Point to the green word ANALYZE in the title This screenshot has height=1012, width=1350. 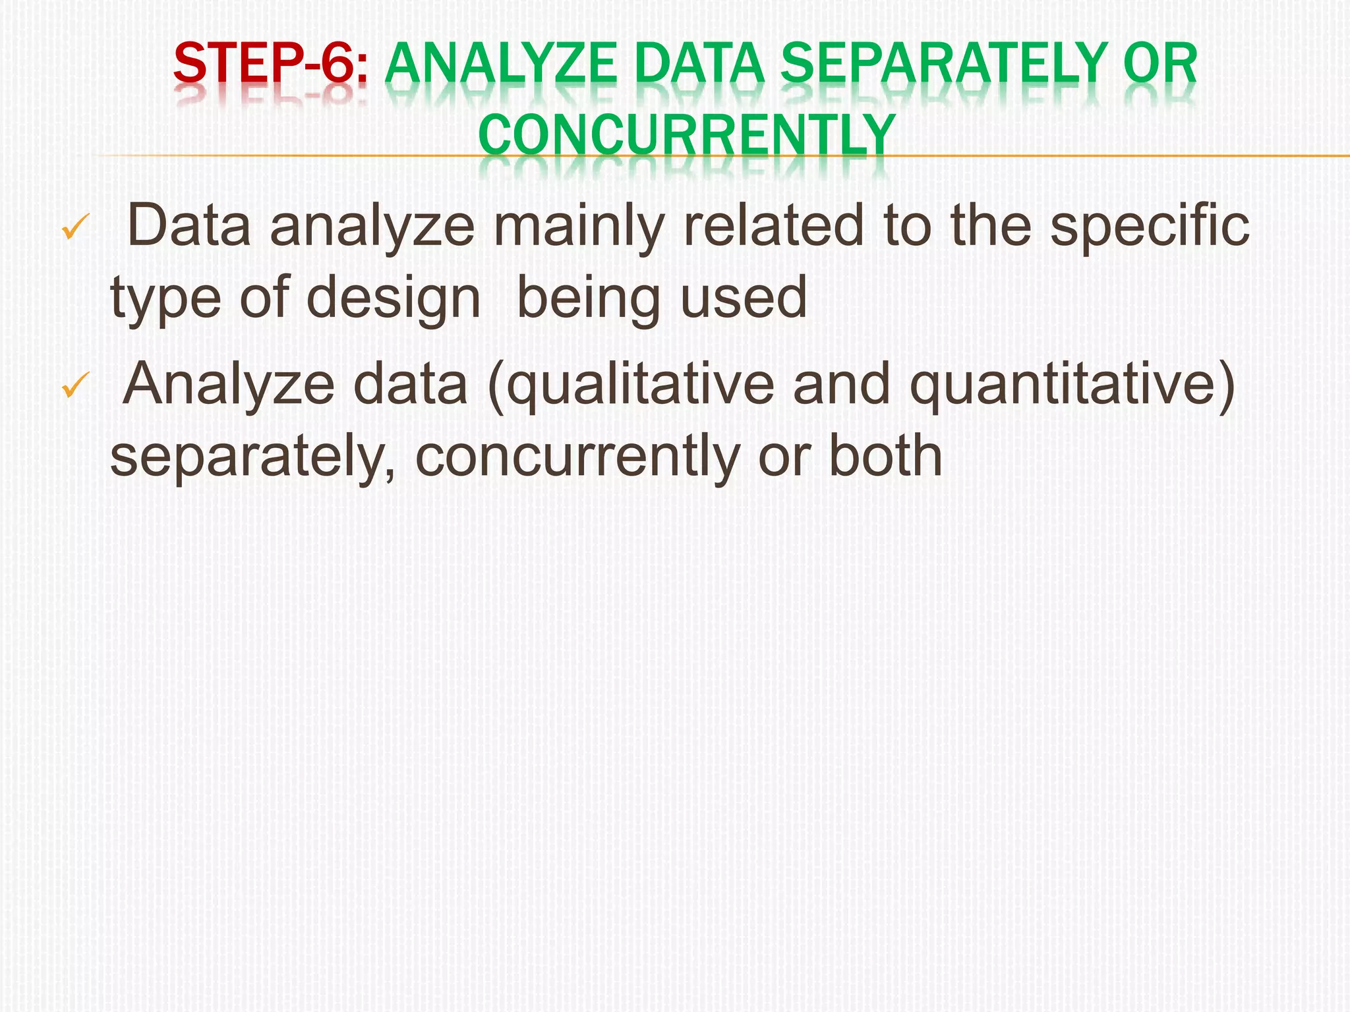501,64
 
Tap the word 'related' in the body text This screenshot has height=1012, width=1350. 773,225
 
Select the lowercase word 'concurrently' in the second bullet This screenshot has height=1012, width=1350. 577,456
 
